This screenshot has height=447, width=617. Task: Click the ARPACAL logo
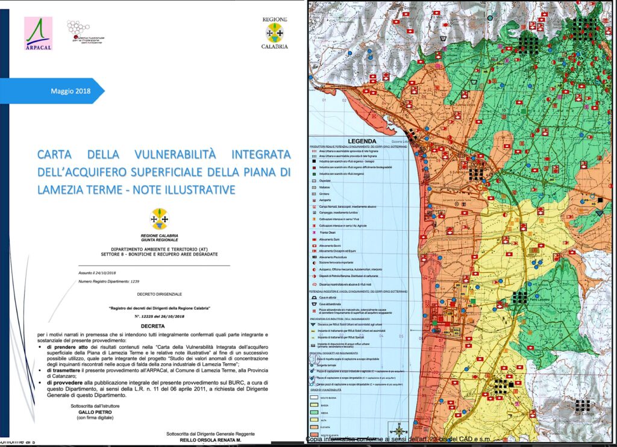(x=38, y=34)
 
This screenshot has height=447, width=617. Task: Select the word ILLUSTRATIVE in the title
(x=196, y=190)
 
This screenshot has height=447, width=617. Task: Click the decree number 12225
(x=154, y=315)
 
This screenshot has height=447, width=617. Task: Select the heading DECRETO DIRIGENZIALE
(x=160, y=293)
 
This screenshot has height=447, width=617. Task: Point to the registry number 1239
(x=134, y=281)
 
